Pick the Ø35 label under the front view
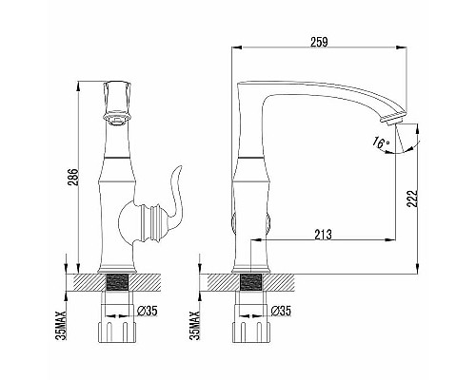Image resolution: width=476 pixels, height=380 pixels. pos(147,310)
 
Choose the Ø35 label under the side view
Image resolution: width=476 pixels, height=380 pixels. pos(282,310)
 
